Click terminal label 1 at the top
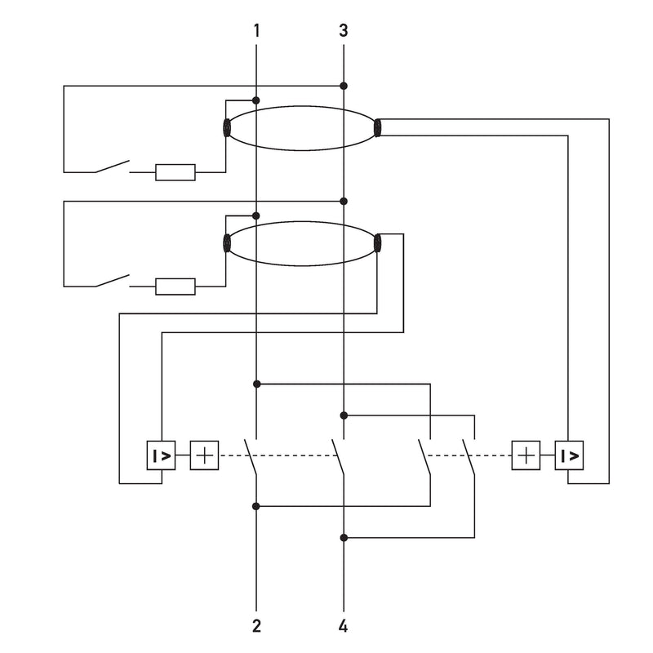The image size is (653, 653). [256, 30]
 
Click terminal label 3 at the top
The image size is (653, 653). [343, 30]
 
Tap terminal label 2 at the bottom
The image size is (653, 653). [256, 626]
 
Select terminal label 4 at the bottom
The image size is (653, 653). [343, 626]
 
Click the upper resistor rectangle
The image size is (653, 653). [175, 172]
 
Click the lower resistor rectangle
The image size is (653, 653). [175, 287]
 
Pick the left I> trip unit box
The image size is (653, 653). [161, 455]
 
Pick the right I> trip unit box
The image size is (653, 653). [569, 455]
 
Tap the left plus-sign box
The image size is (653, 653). [205, 455]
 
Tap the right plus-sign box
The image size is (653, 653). [526, 455]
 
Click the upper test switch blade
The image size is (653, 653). [113, 166]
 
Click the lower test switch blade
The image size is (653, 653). [113, 280]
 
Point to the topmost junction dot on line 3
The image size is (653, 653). [344, 86]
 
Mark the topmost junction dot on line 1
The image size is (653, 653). [256, 100]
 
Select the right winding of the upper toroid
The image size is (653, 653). [377, 128]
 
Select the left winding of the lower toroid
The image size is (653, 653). [227, 243]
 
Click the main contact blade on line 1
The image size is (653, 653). [251, 456]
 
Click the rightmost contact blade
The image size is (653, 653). [469, 456]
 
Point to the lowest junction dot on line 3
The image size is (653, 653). [344, 538]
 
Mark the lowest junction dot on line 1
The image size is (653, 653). [256, 506]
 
